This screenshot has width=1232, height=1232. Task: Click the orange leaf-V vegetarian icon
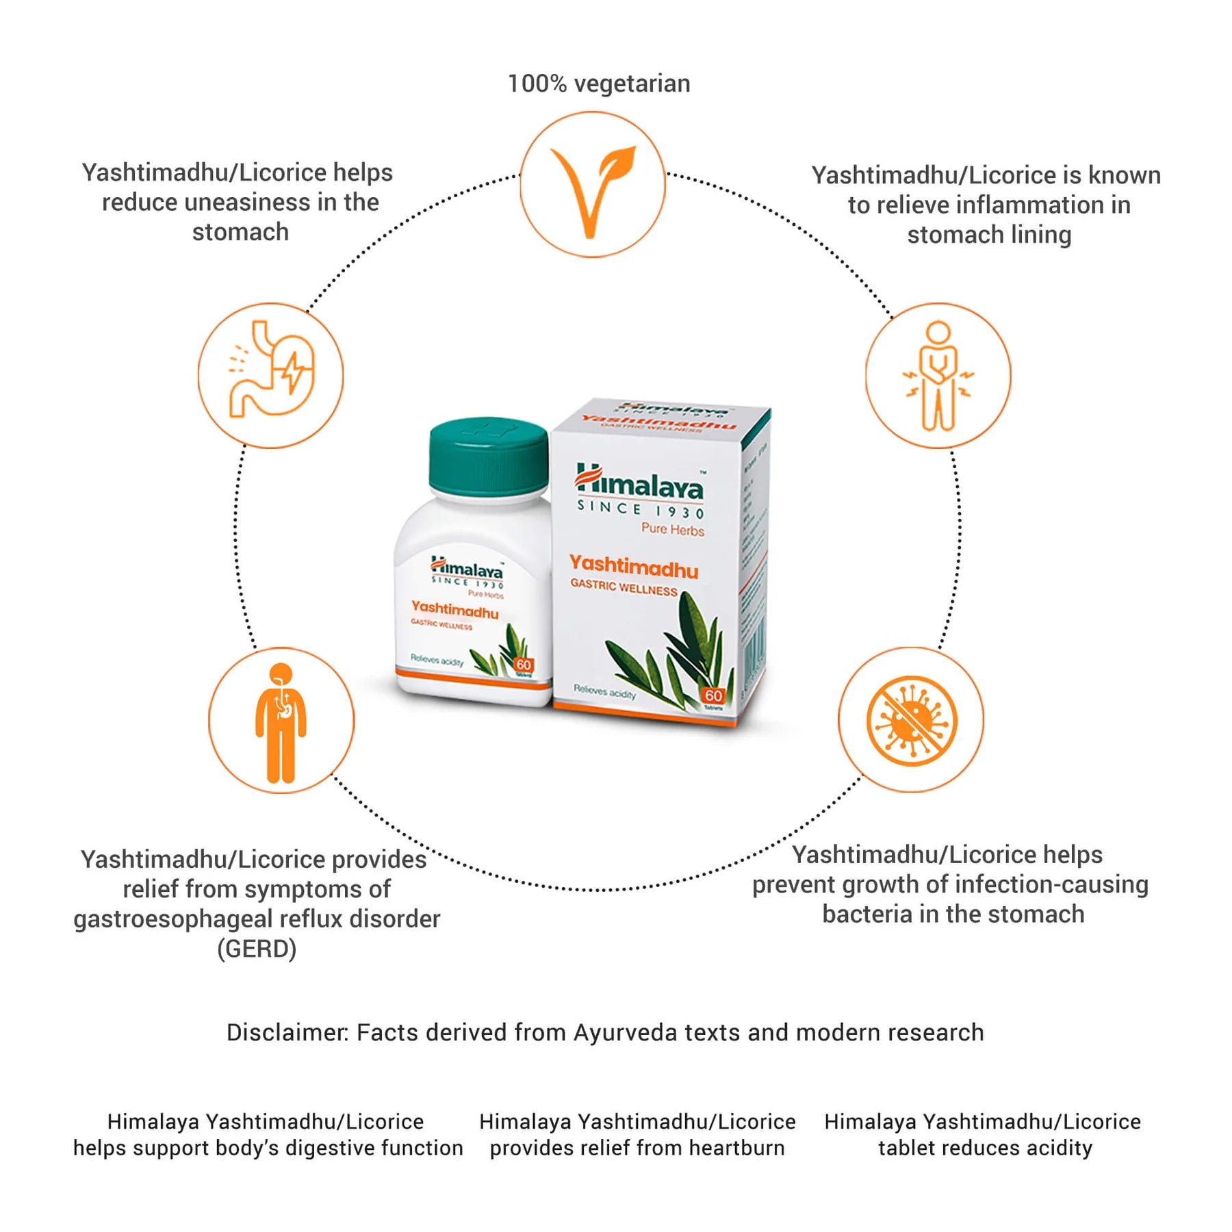pyautogui.click(x=593, y=185)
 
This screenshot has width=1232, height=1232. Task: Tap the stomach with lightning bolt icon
pyautogui.click(x=271, y=375)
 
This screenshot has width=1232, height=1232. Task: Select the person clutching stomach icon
pyautogui.click(x=938, y=375)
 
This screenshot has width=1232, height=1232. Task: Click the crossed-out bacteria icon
pyautogui.click(x=911, y=720)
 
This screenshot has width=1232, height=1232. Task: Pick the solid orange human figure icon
pyautogui.click(x=281, y=722)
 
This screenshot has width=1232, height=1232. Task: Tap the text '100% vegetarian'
pyautogui.click(x=599, y=84)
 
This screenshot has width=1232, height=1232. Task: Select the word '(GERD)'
pyautogui.click(x=257, y=949)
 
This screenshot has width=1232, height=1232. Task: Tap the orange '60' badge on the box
pyautogui.click(x=713, y=696)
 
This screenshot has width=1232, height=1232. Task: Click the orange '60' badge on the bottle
pyautogui.click(x=524, y=665)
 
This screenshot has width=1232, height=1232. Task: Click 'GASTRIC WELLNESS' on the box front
pyautogui.click(x=624, y=587)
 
